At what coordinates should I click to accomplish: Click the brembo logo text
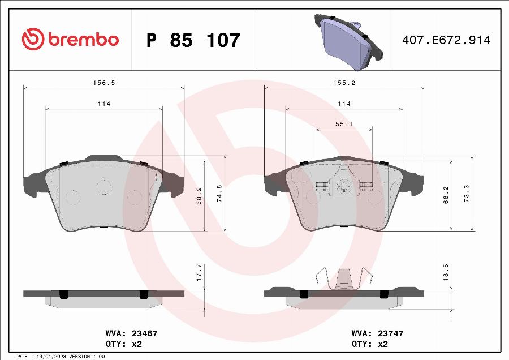(x=83, y=40)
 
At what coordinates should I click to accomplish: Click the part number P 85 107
(x=193, y=41)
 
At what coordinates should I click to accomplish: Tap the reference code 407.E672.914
(x=446, y=40)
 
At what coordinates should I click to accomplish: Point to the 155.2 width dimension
(x=344, y=83)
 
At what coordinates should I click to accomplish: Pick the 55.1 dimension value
(x=344, y=124)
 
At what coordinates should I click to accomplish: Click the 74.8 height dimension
(x=220, y=193)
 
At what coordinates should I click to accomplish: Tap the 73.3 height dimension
(x=467, y=193)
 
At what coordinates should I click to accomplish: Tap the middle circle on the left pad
(x=103, y=187)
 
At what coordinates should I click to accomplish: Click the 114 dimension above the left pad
(x=103, y=104)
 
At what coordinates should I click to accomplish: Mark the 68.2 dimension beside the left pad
(x=199, y=195)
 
